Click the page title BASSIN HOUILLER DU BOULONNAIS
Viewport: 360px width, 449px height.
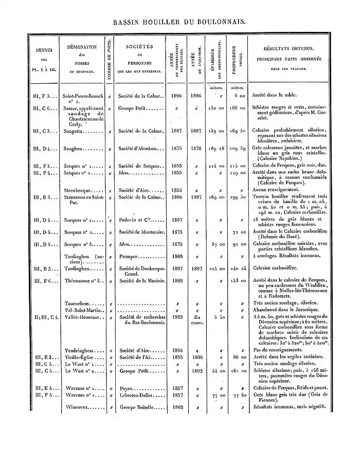[179, 23]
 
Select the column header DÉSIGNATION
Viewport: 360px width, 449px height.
[82, 47]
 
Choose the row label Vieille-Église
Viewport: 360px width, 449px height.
[80, 355]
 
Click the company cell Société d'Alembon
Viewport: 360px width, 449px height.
[140, 149]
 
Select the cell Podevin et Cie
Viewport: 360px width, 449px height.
[136, 221]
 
